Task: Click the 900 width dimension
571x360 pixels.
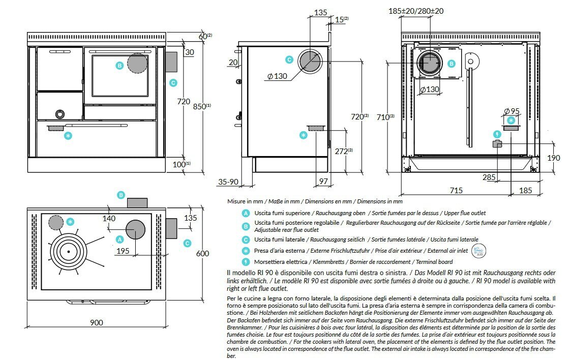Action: click(x=97, y=322)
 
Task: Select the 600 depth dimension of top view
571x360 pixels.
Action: click(x=202, y=254)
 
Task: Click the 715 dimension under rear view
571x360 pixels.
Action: click(x=456, y=190)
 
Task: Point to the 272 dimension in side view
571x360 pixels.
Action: click(x=343, y=151)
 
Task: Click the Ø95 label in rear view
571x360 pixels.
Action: click(x=511, y=111)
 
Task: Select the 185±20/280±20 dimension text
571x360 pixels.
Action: click(x=423, y=10)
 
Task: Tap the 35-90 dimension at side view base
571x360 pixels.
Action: click(x=229, y=182)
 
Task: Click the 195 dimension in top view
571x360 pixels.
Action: click(x=122, y=251)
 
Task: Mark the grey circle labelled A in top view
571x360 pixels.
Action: click(x=135, y=230)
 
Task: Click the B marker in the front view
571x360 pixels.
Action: click(x=119, y=65)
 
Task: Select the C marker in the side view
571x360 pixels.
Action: click(x=289, y=59)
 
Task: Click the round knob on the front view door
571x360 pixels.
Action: click(x=60, y=113)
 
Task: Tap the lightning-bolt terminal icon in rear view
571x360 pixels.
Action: click(x=497, y=134)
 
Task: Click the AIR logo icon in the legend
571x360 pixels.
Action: click(x=478, y=250)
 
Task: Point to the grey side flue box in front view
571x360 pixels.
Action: click(x=171, y=62)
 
